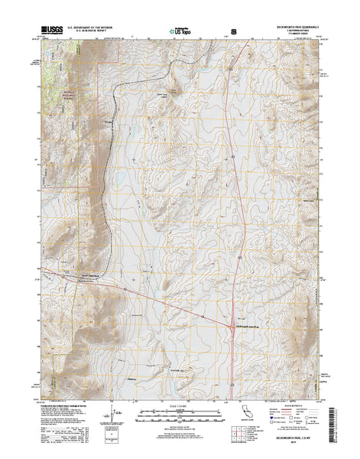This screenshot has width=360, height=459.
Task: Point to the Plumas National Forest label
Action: coord(60,92)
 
